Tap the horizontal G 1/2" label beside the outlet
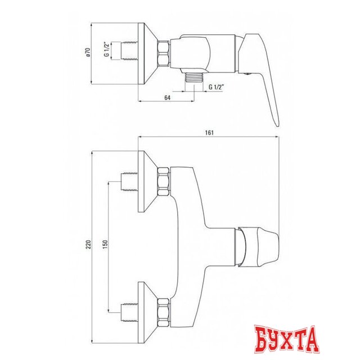tap(217, 87)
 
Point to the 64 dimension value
tap(168, 97)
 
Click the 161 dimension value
tap(210, 133)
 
